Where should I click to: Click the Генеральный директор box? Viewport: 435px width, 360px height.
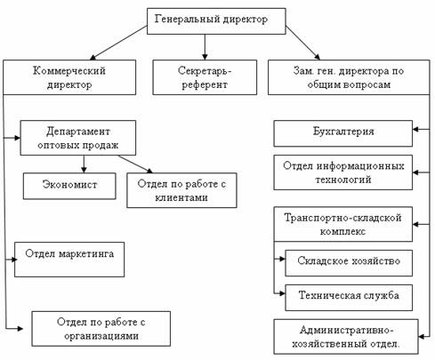(216, 21)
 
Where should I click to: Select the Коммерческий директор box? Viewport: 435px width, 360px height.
(69, 77)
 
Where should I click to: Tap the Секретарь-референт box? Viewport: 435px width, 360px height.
(205, 77)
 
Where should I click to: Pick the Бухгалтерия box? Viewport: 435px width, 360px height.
(343, 133)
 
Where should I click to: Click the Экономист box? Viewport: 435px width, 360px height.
(69, 186)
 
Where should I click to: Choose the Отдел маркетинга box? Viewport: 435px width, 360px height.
(69, 260)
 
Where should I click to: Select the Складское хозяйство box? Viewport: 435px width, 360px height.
(349, 263)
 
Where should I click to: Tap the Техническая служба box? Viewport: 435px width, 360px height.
(349, 298)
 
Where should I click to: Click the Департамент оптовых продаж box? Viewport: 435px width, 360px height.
(78, 138)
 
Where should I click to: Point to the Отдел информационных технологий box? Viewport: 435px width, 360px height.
(343, 172)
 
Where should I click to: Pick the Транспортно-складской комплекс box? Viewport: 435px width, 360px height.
(343, 224)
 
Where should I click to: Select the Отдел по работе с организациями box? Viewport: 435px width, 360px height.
(101, 329)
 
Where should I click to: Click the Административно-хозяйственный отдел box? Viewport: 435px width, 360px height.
(346, 337)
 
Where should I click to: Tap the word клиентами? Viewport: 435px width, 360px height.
(181, 197)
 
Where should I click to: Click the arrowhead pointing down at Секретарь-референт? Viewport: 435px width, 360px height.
(205, 57)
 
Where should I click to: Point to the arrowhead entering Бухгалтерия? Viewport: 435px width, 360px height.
(415, 129)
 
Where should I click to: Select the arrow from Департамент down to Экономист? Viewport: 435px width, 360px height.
(84, 164)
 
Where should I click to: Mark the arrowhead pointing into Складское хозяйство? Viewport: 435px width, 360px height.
(282, 259)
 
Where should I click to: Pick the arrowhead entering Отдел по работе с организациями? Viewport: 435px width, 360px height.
(20, 329)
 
